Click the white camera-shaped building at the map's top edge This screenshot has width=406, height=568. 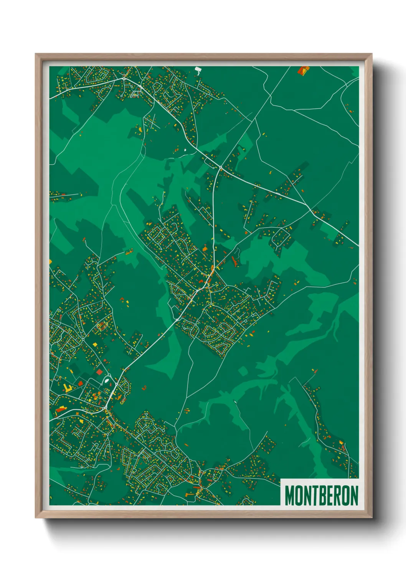(x=198, y=69)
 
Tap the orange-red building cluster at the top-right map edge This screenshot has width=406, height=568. (x=304, y=70)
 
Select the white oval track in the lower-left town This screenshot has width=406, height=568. (x=107, y=381)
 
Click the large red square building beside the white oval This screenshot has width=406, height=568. (x=99, y=372)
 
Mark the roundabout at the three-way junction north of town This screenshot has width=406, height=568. (x=221, y=168)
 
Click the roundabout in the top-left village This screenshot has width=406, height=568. (x=124, y=78)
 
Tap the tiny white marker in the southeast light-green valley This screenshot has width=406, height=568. (x=235, y=402)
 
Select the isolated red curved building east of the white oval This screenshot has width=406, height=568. (x=144, y=388)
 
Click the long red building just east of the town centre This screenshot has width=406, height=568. (x=234, y=262)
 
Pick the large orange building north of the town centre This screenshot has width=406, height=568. (x=205, y=249)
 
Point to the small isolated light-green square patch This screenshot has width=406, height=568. (x=243, y=371)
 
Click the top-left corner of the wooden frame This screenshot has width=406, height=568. (x=36, y=54)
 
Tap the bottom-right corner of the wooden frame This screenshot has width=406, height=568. (x=371, y=518)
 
